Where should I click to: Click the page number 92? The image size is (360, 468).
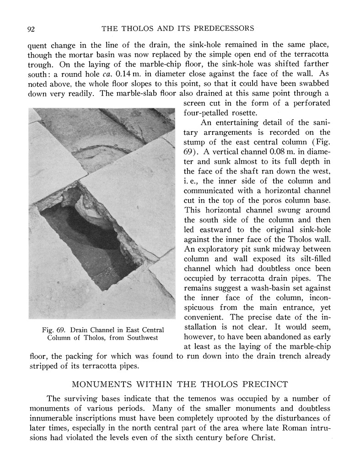click(32, 29)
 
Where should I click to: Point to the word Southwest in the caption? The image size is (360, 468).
click(138, 338)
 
